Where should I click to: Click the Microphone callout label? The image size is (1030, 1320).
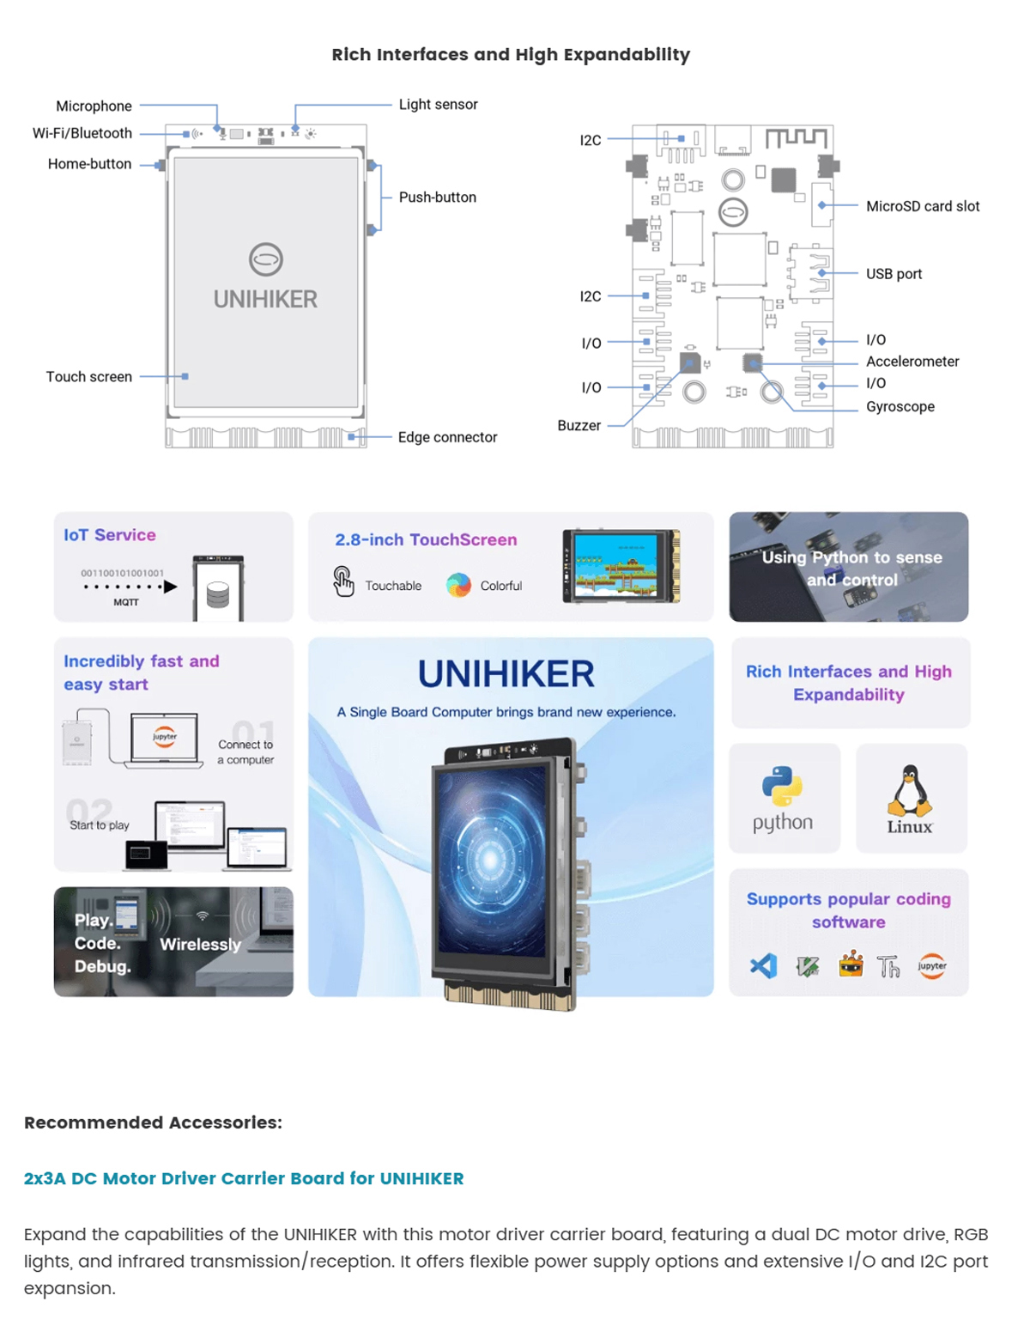coord(94,106)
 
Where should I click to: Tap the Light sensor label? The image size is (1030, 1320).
coord(438,104)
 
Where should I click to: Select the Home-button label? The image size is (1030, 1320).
coord(89,163)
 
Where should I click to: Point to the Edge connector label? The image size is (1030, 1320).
coord(447,437)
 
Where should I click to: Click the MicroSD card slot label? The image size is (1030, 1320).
coord(922,206)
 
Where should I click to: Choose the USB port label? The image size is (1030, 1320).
coord(894,274)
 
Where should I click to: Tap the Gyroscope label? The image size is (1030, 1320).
coord(900,406)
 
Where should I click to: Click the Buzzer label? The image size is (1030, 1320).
coord(579,425)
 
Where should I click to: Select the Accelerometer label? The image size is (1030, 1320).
coord(912,362)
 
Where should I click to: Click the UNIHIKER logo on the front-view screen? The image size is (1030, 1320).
coord(265,259)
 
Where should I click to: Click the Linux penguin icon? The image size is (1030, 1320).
coord(909,790)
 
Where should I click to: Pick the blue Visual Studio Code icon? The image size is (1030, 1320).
coord(763,966)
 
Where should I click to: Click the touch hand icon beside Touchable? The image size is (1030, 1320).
coord(343,581)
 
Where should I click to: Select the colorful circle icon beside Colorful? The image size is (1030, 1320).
coord(458,585)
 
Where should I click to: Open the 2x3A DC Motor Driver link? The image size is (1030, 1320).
coord(244,1178)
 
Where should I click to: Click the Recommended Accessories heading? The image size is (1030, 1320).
coord(153,1122)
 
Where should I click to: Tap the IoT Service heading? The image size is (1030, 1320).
coord(110,535)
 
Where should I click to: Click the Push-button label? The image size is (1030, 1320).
coord(437,197)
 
